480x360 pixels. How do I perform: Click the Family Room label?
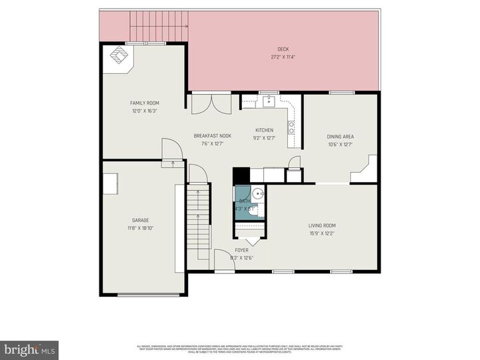coord(144,103)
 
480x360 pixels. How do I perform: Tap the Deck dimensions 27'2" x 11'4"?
coord(283,57)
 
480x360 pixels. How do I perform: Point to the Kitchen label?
coord(264,130)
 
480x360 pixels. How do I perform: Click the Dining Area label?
coord(339,136)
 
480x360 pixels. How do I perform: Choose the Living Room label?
coord(321,225)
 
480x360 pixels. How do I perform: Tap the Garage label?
coord(140,220)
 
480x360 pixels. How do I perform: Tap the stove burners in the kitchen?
coord(291,127)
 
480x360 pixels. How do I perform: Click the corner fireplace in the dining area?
coord(365,170)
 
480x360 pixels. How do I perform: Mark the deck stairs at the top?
coord(159,27)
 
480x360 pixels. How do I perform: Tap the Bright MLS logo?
coord(29,349)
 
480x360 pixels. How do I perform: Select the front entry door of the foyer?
coord(224,265)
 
